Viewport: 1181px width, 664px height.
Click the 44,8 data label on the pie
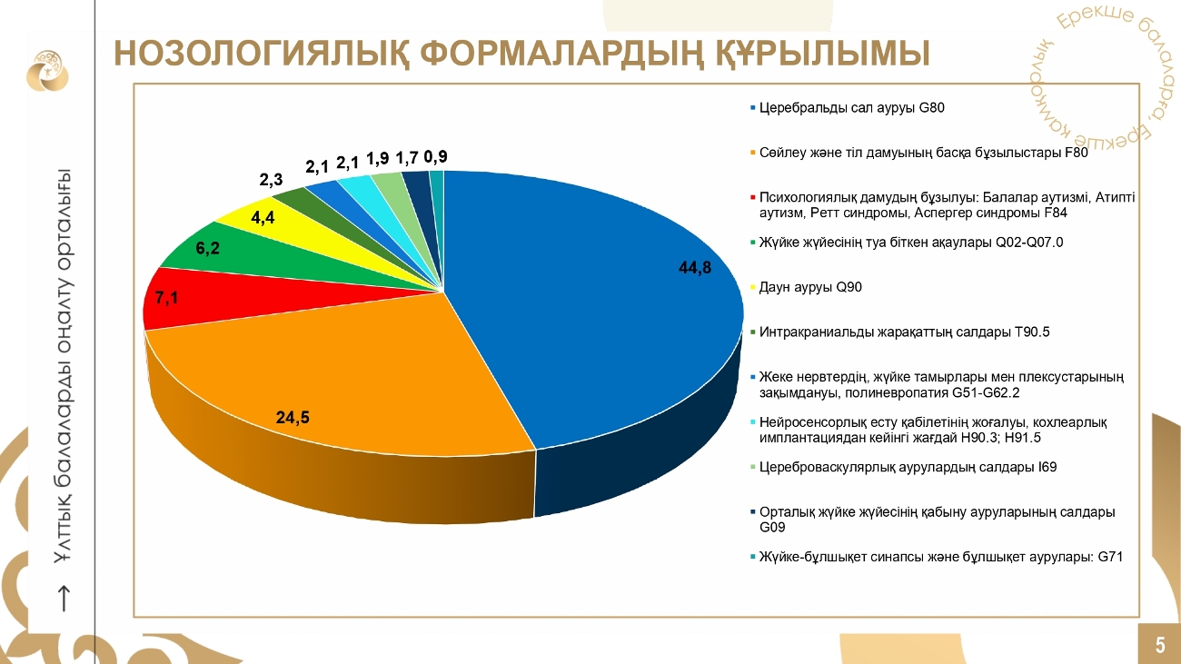(695, 267)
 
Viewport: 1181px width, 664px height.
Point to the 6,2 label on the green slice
(208, 248)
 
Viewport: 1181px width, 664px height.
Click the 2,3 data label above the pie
(272, 180)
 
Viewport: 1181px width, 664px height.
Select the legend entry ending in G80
(852, 108)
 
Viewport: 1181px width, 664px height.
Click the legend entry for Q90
(810, 287)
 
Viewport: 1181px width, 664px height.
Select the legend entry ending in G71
(941, 557)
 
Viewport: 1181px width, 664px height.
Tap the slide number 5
(1160, 646)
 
